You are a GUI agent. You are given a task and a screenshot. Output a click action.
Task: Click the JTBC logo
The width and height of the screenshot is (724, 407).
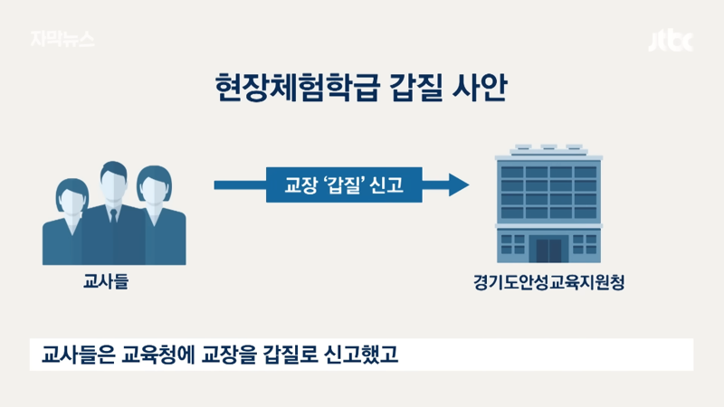[x=671, y=41]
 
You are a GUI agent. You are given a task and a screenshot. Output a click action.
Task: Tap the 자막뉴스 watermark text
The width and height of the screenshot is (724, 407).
[x=62, y=39]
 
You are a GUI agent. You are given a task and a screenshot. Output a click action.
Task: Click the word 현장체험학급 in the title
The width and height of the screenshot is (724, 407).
[x=298, y=87]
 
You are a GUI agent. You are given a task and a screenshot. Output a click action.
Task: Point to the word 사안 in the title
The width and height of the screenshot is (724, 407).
[x=480, y=87]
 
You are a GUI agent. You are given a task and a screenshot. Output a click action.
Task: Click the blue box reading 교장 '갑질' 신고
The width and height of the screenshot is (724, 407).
[x=344, y=185]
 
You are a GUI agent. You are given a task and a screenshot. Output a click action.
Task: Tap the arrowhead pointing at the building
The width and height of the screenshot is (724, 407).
[x=459, y=185]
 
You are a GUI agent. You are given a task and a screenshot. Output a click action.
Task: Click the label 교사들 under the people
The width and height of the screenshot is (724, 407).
[x=106, y=280]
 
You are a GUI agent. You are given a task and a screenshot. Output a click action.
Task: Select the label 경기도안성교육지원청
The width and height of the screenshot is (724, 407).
[x=549, y=282]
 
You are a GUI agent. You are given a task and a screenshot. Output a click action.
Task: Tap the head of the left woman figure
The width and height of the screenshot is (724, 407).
[x=72, y=196]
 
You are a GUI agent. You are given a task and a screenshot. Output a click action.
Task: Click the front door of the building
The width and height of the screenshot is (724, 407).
[x=548, y=251]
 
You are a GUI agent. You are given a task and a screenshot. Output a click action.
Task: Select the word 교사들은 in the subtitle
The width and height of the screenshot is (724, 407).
[x=78, y=355]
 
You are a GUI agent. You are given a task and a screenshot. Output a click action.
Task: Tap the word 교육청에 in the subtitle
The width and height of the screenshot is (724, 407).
[x=157, y=355]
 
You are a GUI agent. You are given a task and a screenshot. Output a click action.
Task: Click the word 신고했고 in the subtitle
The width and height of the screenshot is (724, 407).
[x=360, y=355]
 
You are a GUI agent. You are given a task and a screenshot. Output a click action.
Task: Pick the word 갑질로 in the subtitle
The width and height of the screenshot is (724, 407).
[x=290, y=355]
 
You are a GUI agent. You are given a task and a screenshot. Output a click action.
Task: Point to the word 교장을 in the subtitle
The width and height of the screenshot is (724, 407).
[x=229, y=355]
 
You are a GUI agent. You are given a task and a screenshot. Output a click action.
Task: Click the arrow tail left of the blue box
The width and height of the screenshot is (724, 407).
[x=240, y=185]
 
